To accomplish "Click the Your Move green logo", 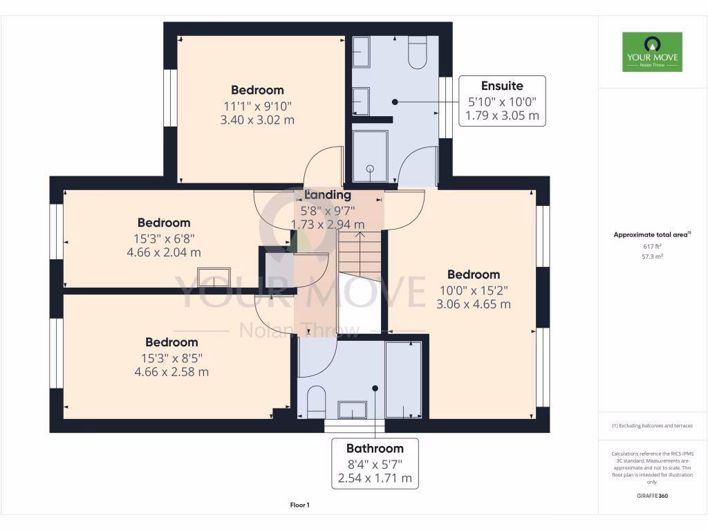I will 652,52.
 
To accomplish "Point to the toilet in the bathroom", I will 316,401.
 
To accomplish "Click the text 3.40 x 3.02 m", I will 257,120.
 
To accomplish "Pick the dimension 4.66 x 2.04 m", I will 164,252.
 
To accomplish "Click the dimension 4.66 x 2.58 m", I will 171,372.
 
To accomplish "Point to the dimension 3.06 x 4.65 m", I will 474,304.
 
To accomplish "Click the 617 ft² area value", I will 652,246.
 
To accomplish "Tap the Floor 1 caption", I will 299,505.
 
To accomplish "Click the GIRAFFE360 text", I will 652,496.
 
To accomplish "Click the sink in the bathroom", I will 353,410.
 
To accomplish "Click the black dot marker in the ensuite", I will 395,102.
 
